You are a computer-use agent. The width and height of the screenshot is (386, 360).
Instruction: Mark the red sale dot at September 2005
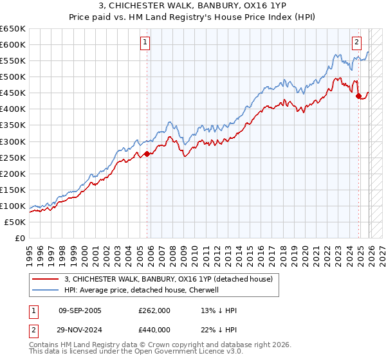click(x=147, y=154)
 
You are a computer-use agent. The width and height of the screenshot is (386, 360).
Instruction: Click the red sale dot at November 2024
click(x=358, y=96)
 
